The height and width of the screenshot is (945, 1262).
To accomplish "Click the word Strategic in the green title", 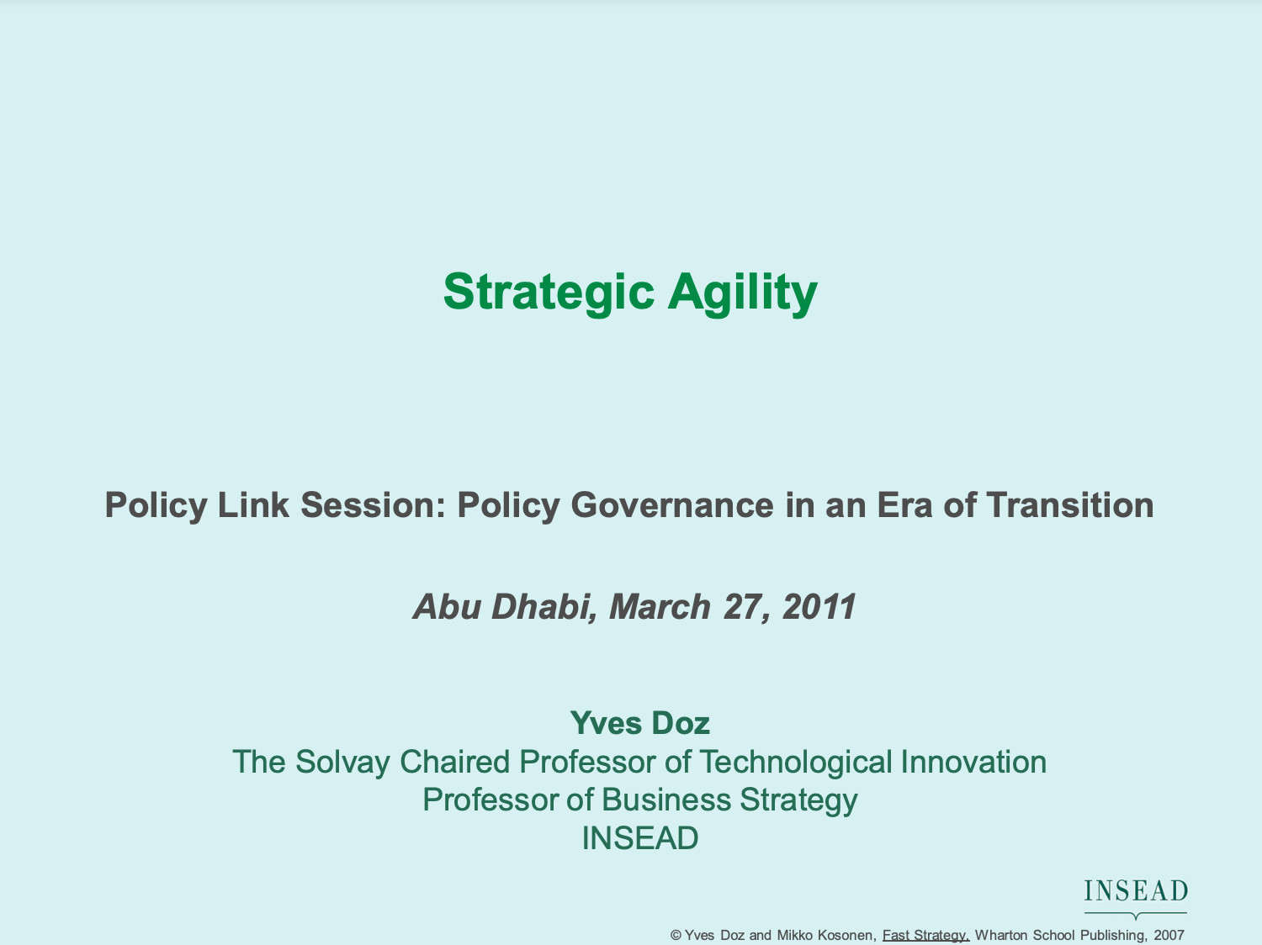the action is (549, 293).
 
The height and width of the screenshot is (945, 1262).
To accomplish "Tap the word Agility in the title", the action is (742, 293).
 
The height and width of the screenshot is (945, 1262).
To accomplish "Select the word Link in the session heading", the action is (253, 505).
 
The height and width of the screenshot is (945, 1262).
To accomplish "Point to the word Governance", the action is (672, 505).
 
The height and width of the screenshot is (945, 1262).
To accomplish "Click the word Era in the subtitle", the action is (904, 505).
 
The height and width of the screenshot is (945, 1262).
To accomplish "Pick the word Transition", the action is (1070, 505).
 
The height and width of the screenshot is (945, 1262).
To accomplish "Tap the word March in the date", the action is (660, 607).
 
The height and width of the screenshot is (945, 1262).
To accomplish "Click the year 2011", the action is (819, 607).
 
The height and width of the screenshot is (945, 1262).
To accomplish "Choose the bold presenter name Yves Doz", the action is (640, 723).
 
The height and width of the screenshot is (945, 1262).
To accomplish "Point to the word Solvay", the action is (342, 763).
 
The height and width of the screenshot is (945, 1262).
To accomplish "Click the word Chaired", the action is (455, 762).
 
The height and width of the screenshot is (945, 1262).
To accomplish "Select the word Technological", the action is (796, 763).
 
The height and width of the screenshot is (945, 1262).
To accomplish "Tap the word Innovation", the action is (973, 762).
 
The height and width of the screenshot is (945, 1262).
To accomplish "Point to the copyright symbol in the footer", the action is (676, 935).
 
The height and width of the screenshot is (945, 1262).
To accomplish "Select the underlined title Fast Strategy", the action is (925, 936).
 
